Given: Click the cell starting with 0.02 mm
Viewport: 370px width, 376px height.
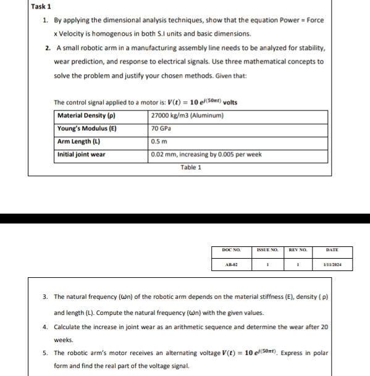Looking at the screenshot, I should tap(206, 154).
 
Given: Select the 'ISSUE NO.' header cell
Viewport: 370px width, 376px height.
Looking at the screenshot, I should tap(269, 250).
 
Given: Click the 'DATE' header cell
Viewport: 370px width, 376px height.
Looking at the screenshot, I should tap(333, 250).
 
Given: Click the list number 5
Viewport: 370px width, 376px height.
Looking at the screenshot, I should tap(46, 353).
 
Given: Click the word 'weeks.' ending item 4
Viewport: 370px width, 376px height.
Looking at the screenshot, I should tap(64, 340).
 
